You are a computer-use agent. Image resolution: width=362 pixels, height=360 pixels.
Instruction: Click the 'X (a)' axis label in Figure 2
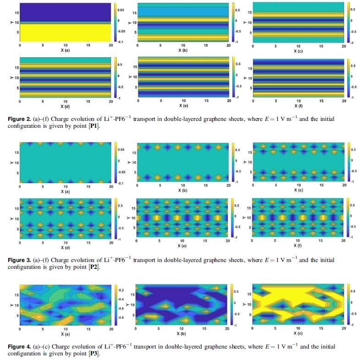[x=65, y=50]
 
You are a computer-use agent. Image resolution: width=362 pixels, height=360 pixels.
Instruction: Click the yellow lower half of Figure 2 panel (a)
[x=65, y=32]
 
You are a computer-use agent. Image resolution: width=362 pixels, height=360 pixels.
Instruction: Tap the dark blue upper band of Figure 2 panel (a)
[x=65, y=11]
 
